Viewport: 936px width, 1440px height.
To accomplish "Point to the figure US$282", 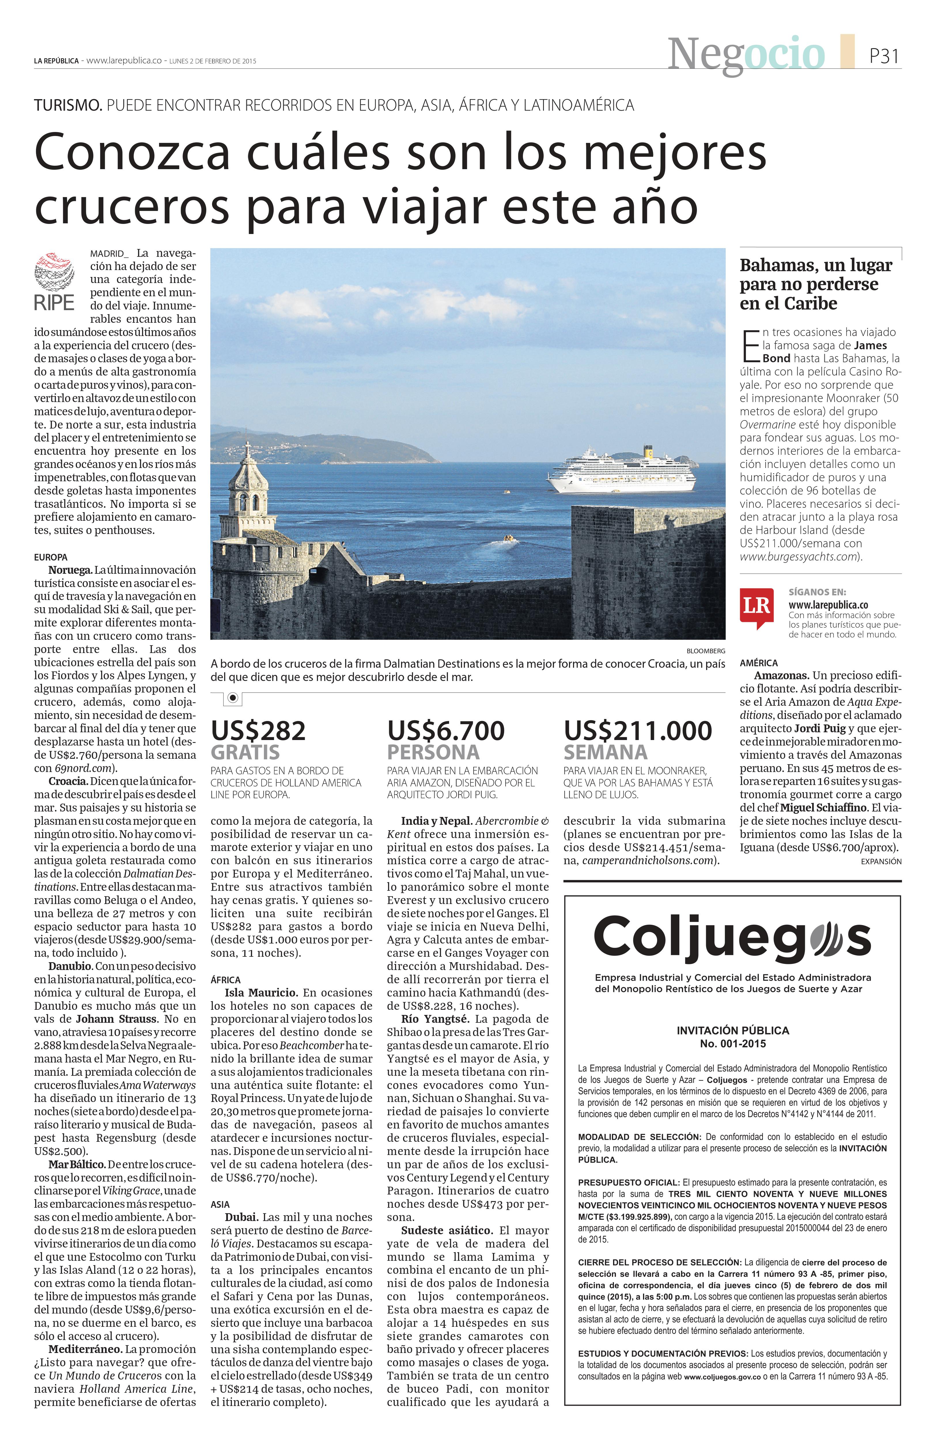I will pyautogui.click(x=258, y=731).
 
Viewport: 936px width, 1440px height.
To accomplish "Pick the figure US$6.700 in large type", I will pyautogui.click(x=446, y=731).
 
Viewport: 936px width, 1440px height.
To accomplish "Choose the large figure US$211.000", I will pyautogui.click(x=638, y=731).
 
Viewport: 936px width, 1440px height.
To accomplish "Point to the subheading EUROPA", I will pyautogui.click(x=51, y=557).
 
